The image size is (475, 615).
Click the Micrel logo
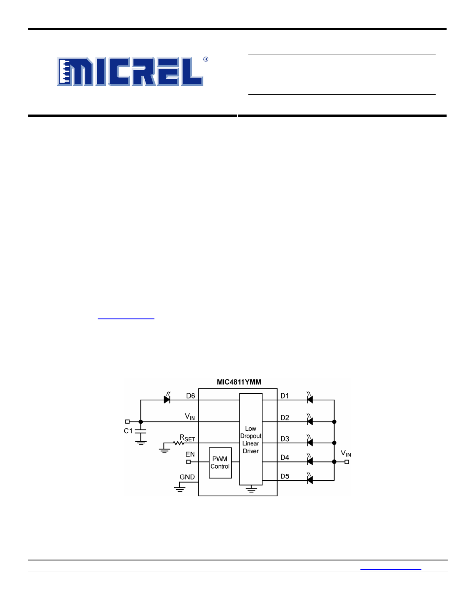(x=130, y=71)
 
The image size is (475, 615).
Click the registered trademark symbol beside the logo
(x=206, y=59)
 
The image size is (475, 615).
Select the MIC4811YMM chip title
(x=239, y=382)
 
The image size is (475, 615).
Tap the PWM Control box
(x=220, y=463)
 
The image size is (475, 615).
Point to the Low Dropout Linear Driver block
(x=251, y=439)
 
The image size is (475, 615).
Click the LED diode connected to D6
(x=167, y=398)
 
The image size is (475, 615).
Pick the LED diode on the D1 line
(x=309, y=398)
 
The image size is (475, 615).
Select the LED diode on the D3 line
(x=309, y=441)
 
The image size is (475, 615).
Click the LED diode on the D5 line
(x=309, y=479)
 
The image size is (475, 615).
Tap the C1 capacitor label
(x=128, y=431)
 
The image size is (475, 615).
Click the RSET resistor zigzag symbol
(x=178, y=443)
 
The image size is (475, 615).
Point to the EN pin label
(x=190, y=454)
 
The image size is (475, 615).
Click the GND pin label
(x=187, y=477)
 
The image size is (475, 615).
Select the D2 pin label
(x=285, y=418)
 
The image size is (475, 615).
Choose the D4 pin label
(x=285, y=458)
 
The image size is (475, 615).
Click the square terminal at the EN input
(x=188, y=462)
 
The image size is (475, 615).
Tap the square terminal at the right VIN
(x=347, y=462)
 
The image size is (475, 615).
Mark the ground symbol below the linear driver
(x=251, y=489)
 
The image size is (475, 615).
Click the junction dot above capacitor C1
(x=141, y=421)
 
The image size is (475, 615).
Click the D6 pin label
(x=191, y=396)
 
